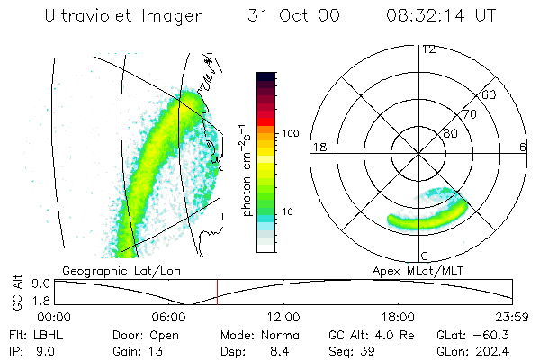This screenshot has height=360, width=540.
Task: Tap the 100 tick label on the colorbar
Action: click(289, 133)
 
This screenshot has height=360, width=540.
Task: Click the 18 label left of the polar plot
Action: click(318, 147)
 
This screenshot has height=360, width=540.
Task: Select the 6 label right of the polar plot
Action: click(523, 147)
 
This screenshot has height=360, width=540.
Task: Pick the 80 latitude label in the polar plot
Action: click(450, 133)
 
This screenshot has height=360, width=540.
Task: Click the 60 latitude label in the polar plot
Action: click(489, 94)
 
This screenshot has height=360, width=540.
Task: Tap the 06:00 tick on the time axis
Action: click(169, 316)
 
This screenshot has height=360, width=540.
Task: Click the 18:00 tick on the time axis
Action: click(398, 316)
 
